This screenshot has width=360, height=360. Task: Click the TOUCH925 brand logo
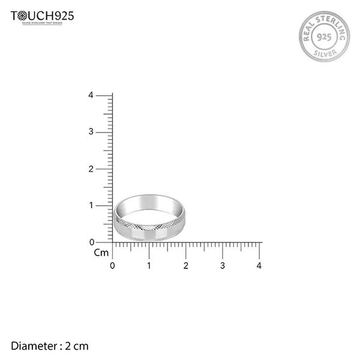42,16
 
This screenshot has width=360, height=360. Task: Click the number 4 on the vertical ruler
91,95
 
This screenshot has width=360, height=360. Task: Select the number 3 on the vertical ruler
91,132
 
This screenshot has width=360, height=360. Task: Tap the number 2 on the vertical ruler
91,169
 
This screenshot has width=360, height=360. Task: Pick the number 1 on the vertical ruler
91,205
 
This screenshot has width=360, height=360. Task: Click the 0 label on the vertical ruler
91,242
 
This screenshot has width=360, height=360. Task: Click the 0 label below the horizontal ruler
113,265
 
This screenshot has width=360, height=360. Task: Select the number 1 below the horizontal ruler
149,265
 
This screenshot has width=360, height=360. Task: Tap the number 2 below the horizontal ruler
186,265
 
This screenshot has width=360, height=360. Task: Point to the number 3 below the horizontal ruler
223,265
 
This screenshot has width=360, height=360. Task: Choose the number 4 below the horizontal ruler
259,265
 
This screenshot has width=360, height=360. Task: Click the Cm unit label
101,253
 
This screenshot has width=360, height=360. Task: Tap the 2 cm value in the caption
77,346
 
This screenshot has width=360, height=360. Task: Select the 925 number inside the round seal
324,36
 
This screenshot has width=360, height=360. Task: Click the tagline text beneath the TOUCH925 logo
42,23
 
